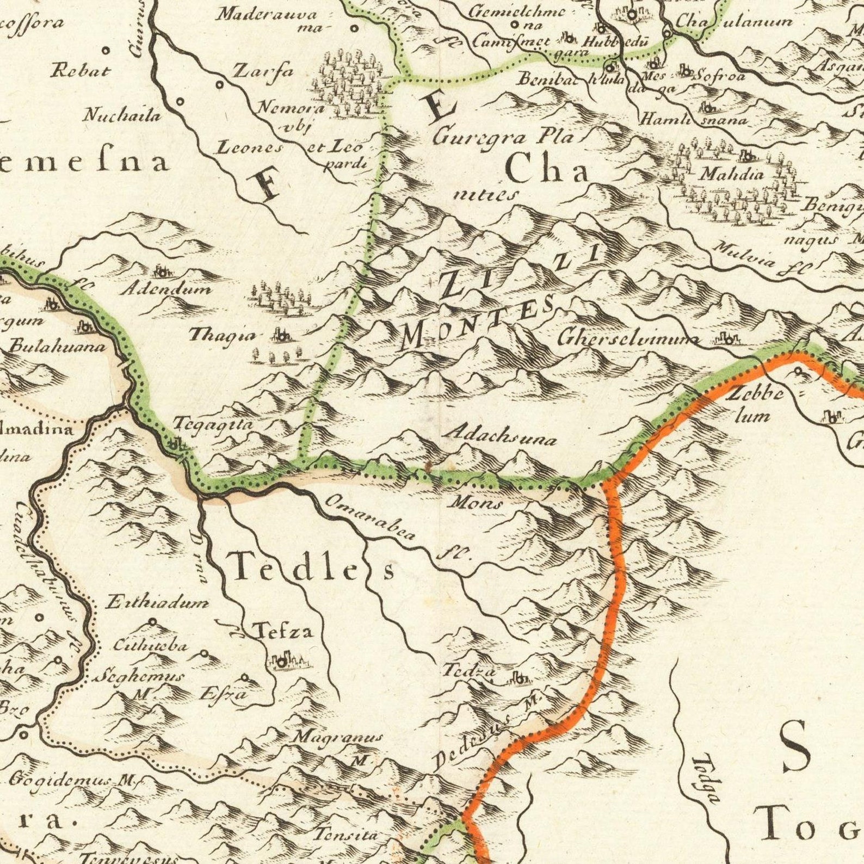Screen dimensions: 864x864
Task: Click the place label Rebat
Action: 81,71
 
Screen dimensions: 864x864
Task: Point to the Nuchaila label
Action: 122,115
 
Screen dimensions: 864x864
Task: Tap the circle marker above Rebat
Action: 106,51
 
